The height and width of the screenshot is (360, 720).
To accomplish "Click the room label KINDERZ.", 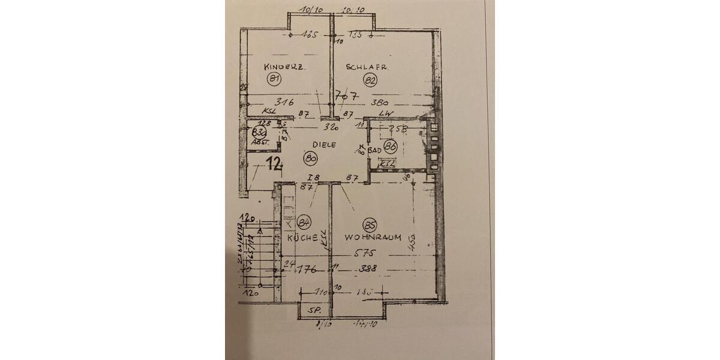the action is tap(285, 68).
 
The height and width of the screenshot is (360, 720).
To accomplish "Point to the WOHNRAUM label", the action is tap(373, 237).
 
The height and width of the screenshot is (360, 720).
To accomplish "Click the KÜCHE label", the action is tap(302, 238).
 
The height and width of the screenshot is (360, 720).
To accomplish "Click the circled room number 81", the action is tap(275, 79).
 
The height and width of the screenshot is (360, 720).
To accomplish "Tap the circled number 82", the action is tap(370, 80).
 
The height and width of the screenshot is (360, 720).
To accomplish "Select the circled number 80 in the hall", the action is tap(310, 158).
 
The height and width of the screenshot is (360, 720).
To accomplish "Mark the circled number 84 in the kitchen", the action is tap(305, 223).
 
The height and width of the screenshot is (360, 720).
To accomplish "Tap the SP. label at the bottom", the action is tap(314, 311).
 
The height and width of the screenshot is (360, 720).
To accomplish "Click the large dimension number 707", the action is tap(347, 95).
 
